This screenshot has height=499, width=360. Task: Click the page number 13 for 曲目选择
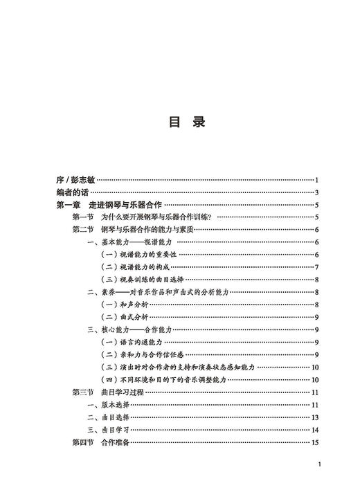pos(314,417)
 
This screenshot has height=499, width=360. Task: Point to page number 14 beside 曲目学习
pos(314,430)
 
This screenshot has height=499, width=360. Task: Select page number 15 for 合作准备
pos(314,442)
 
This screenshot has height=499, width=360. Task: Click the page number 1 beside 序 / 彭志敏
pos(316,180)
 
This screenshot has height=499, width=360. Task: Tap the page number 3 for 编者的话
pos(316,192)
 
